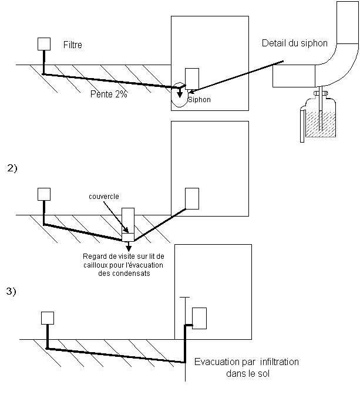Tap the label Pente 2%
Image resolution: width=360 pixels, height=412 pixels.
(109, 94)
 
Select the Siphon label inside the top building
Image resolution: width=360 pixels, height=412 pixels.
(199, 100)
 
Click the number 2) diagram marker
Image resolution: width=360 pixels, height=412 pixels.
(12, 168)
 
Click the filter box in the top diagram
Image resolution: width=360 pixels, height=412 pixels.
(44, 44)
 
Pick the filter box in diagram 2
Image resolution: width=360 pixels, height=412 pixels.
(44, 194)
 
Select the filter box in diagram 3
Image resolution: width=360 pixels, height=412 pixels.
(48, 318)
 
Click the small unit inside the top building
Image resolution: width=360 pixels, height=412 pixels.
(192, 79)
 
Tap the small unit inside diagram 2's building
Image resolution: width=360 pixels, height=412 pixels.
(192, 198)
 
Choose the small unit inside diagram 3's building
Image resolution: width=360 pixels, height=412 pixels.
(200, 318)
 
